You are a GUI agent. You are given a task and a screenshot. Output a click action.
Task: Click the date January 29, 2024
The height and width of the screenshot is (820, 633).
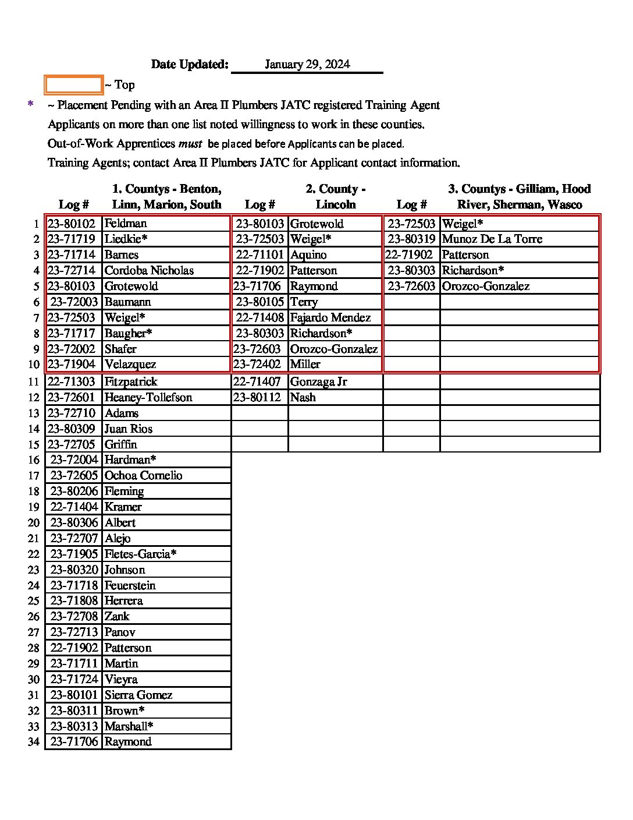point(307,65)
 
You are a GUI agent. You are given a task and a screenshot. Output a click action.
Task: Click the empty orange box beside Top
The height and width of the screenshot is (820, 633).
point(74,85)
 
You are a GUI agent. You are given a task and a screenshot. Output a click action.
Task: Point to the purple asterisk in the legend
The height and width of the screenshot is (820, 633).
point(31,105)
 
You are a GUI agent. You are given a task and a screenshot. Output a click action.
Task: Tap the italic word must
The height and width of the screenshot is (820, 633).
point(190,144)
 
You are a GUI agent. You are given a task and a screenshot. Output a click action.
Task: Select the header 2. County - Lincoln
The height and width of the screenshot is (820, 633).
point(335,197)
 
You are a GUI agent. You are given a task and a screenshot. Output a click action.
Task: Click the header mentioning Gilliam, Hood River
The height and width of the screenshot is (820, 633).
point(519,197)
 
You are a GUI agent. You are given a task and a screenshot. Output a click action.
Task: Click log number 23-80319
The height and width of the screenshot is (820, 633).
point(411,239)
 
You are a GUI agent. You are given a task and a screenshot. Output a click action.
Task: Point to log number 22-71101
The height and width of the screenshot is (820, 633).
point(259,255)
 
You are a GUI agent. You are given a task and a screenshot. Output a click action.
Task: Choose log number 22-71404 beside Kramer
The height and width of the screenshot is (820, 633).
point(74,507)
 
